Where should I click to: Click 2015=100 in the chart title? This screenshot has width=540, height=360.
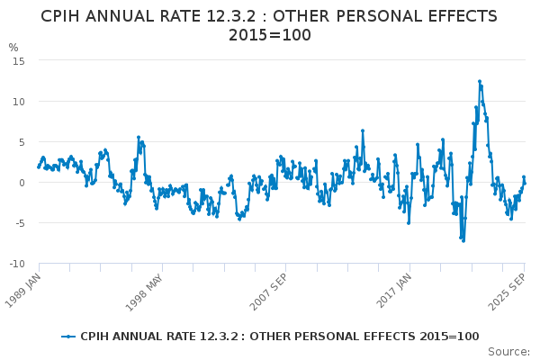click(x=270, y=35)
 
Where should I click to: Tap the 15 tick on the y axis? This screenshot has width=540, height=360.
click(x=19, y=60)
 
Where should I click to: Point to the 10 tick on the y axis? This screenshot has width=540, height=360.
click(x=19, y=101)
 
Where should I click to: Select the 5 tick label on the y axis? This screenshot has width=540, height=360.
click(x=22, y=141)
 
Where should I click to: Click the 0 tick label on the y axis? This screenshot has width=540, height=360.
click(x=22, y=182)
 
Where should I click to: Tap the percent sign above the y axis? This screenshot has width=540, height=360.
click(x=13, y=48)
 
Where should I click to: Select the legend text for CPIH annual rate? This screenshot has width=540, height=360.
click(x=279, y=337)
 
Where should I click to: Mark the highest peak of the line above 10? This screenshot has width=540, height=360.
click(x=480, y=81)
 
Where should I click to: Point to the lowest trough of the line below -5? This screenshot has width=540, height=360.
click(x=463, y=240)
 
